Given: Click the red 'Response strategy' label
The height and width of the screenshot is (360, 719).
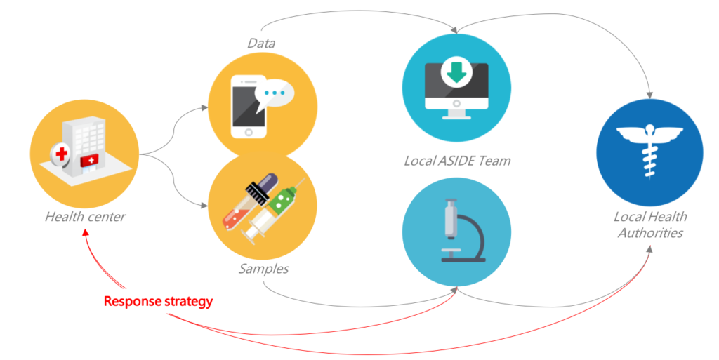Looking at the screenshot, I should point(158,301).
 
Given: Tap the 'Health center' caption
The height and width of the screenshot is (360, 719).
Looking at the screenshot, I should point(85,216).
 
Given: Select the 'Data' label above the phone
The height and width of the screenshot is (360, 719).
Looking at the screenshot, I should point(260,44).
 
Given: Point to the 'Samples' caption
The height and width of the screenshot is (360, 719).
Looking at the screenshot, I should point(263,269).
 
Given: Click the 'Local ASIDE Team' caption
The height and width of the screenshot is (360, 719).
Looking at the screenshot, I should point(456,161).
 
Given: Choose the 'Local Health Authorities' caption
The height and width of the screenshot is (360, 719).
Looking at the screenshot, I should point(650,225).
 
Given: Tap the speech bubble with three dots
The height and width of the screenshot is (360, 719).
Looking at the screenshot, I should point(275,94).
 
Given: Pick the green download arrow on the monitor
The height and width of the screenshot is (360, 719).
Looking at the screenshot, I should point(456,72).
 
